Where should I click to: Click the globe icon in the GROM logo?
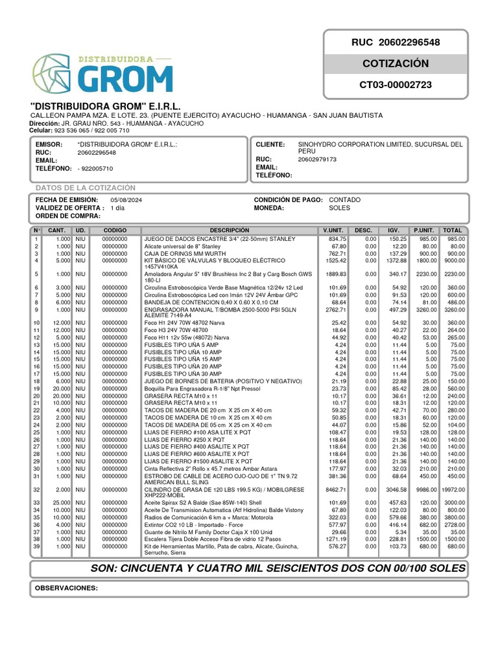53,73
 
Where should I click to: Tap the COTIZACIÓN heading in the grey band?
396,63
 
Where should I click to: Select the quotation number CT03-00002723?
396,85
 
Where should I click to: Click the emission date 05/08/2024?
126,200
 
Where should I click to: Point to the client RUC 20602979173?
317,159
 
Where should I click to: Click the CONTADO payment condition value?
345,200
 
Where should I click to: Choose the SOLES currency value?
340,208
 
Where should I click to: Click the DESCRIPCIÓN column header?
229,230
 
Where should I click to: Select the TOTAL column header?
453,230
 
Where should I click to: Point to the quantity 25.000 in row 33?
61,502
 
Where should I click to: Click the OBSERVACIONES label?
66,589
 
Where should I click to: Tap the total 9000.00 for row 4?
453,261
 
